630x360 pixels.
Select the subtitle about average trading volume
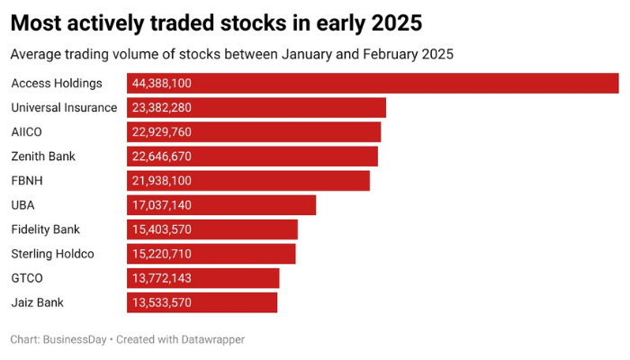pos(231,54)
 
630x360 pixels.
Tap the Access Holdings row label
pos(57,84)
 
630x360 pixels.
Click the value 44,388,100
pos(162,84)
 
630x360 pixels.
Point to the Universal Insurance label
pos(64,108)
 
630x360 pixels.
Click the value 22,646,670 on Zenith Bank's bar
pos(162,157)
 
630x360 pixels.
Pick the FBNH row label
pos(27,181)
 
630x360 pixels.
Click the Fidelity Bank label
pos(46,229)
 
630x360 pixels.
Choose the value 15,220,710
pos(162,254)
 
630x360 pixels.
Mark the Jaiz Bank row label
pos(37,302)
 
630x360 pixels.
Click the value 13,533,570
pos(162,302)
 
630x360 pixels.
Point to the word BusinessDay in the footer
pos(75,340)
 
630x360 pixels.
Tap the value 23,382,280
pos(162,108)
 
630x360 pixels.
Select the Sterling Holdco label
pos(52,254)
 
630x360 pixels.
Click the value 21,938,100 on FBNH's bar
pos(162,181)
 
